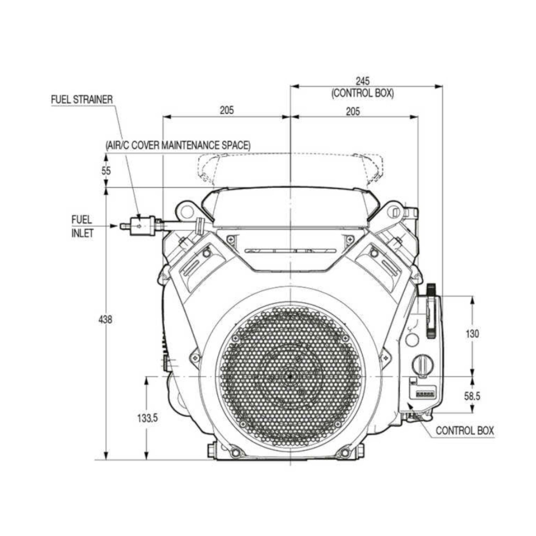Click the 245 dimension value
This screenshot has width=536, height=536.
(x=363, y=81)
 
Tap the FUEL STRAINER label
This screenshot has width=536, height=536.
(x=82, y=100)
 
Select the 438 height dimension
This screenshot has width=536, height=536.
(x=105, y=320)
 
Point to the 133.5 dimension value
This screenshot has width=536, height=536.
(x=148, y=418)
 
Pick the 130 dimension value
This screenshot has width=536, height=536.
(x=472, y=334)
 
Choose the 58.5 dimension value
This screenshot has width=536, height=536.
(x=472, y=396)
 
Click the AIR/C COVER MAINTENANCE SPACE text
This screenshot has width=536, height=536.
(x=178, y=145)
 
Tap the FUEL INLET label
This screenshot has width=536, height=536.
(x=82, y=227)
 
